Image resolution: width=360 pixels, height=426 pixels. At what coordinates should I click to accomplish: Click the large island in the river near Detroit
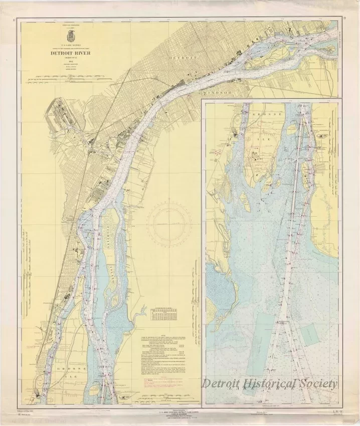tap(276, 44)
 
